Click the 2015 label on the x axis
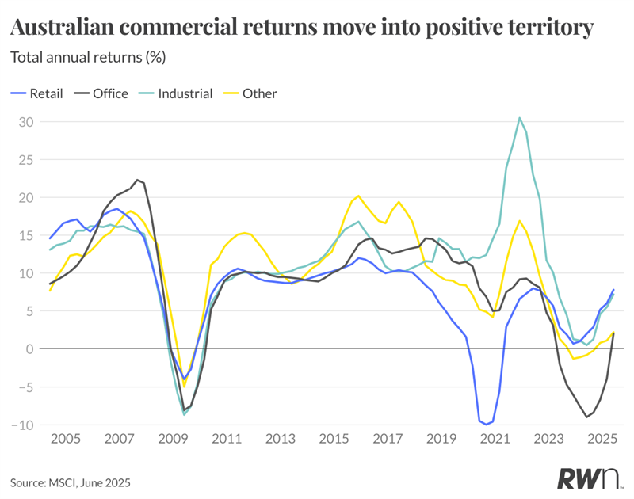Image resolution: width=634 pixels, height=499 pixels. click(334, 438)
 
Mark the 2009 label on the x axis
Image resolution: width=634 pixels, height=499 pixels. click(172, 438)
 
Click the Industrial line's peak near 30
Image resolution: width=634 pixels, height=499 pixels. click(519, 118)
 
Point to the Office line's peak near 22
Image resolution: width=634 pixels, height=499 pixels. click(137, 180)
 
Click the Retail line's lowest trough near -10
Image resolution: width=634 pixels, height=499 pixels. click(484, 424)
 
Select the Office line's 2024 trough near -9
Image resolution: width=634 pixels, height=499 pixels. click(586, 417)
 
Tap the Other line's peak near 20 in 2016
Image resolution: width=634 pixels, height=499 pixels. click(358, 196)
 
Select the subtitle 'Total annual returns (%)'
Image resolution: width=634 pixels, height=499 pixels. click(87, 58)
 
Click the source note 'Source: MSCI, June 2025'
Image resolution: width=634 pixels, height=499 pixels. click(70, 482)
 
